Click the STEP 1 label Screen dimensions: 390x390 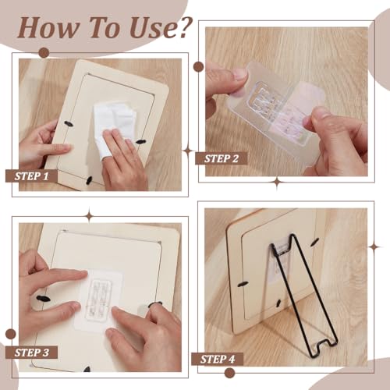[31, 176]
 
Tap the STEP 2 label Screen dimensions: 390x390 [221, 158]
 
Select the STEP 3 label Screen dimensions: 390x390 [31, 353]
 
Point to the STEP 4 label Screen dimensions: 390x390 [218, 359]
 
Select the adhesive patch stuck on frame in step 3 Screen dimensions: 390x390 [98, 299]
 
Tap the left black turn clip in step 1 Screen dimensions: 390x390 [69, 124]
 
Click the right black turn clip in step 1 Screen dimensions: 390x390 [140, 142]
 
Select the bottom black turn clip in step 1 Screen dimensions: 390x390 [89, 180]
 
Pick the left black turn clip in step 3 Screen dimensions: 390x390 [44, 298]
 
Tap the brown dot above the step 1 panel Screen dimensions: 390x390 [44, 53]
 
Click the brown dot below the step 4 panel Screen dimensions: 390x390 [229, 373]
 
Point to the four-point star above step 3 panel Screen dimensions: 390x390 [90, 215]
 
